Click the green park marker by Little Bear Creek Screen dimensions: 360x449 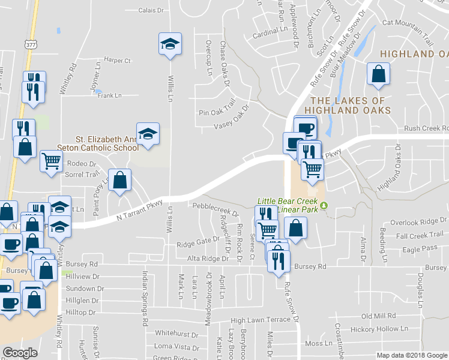[325, 206]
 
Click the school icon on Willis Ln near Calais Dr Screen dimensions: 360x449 [170, 44]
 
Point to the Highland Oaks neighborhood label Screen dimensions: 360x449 [415, 54]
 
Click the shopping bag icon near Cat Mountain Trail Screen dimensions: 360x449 [379, 74]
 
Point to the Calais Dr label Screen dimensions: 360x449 [151, 10]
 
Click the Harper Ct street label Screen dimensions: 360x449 [118, 60]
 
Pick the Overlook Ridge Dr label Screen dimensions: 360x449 [417, 222]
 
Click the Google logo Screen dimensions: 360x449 [20, 353]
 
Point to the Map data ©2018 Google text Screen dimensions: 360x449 [411, 355]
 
